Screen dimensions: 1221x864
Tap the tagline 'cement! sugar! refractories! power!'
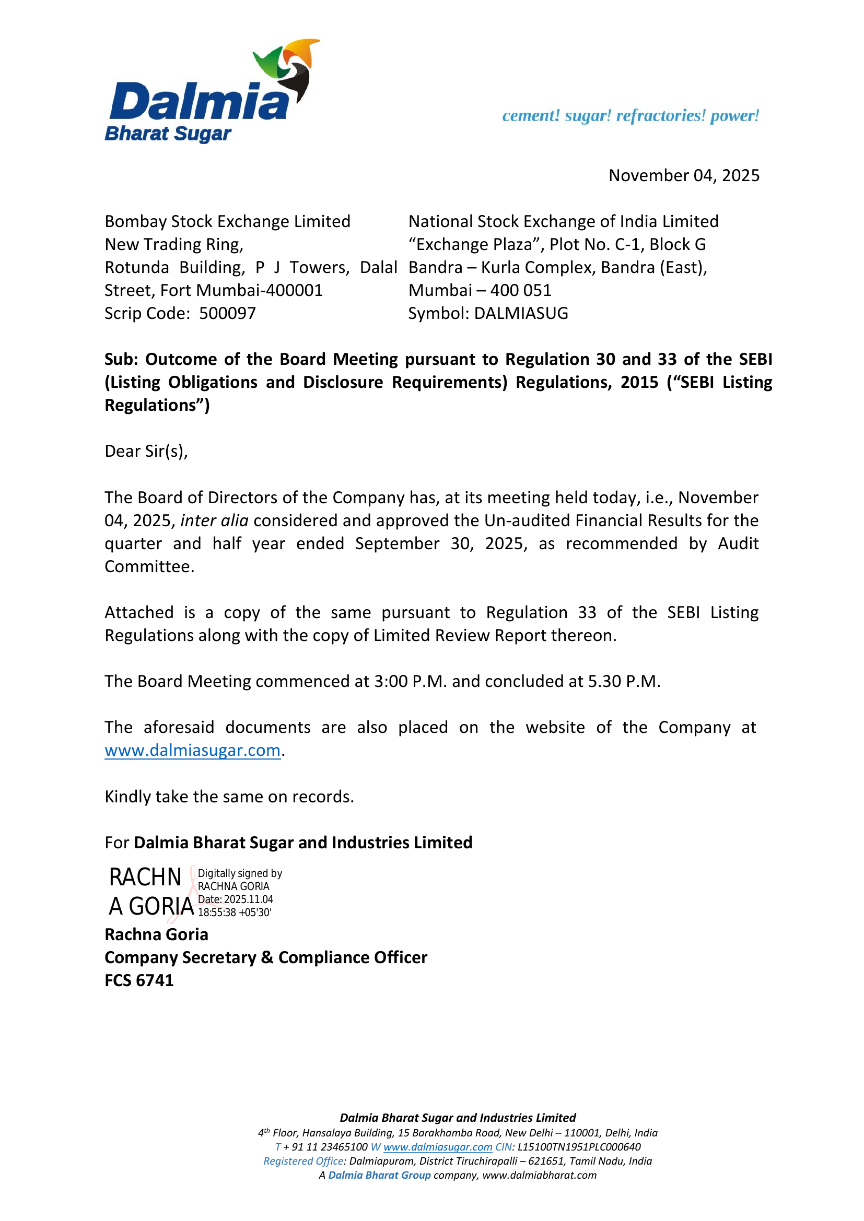click(x=631, y=115)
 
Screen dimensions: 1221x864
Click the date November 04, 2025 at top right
click(x=684, y=175)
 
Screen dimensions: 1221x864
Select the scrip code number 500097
click(x=227, y=313)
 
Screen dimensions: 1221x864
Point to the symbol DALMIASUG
click(x=521, y=313)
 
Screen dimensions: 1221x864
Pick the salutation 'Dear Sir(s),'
click(x=146, y=451)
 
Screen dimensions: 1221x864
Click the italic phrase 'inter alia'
click(x=214, y=520)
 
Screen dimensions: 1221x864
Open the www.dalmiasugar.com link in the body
click(x=193, y=750)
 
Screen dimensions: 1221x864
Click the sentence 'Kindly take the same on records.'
click(x=229, y=797)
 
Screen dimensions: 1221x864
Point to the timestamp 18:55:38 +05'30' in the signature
click(x=235, y=912)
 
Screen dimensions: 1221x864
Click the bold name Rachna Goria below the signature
click(x=156, y=934)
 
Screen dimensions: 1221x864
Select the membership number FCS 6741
click(x=139, y=980)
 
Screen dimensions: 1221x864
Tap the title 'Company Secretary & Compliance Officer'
click(x=266, y=957)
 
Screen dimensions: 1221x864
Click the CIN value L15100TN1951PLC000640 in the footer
click(x=579, y=1147)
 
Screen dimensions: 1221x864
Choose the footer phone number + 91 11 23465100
click(x=325, y=1147)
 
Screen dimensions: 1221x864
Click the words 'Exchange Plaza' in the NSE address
click(x=473, y=245)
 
